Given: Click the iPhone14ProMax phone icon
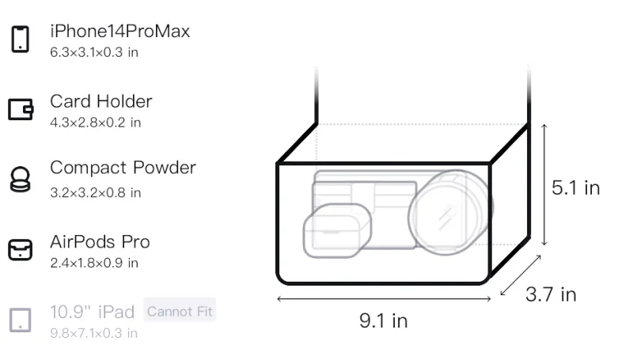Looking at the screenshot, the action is point(21,39).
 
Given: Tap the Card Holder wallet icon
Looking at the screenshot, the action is point(21,109).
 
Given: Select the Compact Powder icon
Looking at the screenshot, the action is point(21,179).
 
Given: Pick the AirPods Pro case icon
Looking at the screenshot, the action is point(21,249).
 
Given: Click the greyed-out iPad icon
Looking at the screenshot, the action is point(21,320).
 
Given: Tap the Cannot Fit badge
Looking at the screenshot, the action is point(180,311).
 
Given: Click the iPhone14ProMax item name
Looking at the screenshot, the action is point(120,31).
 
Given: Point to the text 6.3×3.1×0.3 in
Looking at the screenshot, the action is point(94,52).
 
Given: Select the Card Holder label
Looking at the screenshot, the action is point(101,101).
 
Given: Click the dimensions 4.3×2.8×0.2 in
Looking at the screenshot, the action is point(95,123).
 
